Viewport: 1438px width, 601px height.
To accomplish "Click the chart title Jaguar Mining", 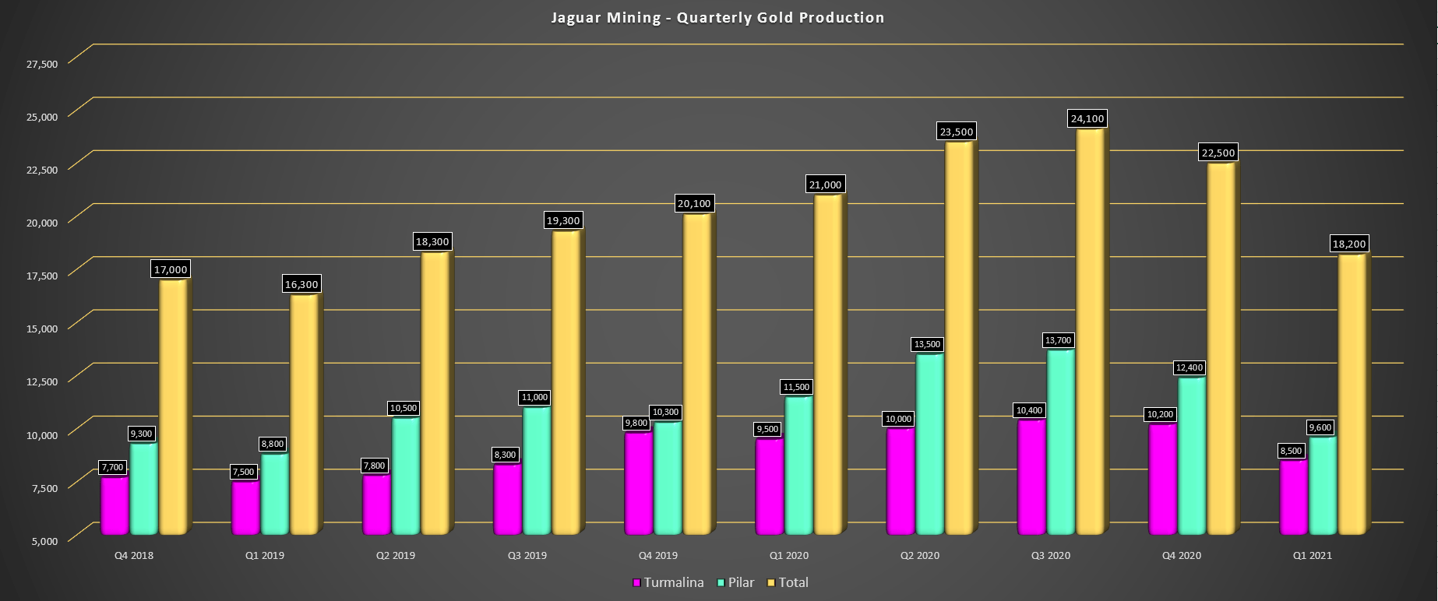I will click(x=717, y=18).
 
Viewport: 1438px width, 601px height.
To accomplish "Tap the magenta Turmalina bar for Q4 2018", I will click(x=114, y=506).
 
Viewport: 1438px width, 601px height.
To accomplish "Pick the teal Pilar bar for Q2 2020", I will click(x=929, y=444).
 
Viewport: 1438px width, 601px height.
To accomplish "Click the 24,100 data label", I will click(x=1087, y=119).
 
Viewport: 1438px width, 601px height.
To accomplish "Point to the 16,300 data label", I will click(x=301, y=285).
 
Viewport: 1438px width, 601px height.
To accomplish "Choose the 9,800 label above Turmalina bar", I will click(x=636, y=424).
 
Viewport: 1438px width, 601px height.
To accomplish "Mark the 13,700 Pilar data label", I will click(x=1058, y=341).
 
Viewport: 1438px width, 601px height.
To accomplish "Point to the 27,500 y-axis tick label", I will click(x=42, y=64).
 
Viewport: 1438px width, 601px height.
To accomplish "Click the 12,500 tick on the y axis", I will click(x=42, y=381).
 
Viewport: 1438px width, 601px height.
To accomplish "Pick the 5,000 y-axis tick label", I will click(x=44, y=541).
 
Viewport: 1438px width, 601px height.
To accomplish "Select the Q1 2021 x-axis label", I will click(x=1312, y=556).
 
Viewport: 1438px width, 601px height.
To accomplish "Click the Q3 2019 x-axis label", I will click(x=527, y=556).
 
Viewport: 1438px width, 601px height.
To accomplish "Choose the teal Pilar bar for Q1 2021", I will click(x=1321, y=487).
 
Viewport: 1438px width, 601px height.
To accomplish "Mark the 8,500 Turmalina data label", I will click(x=1291, y=452).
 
